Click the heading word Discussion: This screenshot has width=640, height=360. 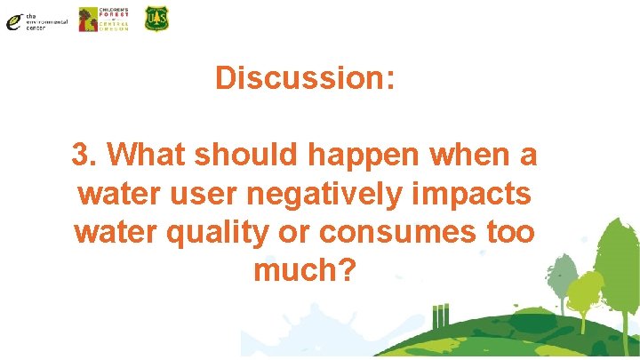pos(304,78)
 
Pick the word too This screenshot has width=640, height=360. pos(510,231)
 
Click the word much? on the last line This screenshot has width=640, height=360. pos(304,269)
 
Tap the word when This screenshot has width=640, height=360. pos(469,155)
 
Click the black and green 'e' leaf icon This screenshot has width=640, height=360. pos(14,20)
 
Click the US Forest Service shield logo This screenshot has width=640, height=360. pos(156,19)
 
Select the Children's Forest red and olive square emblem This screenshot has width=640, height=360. pos(89,20)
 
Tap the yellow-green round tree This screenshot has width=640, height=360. pos(586,293)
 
